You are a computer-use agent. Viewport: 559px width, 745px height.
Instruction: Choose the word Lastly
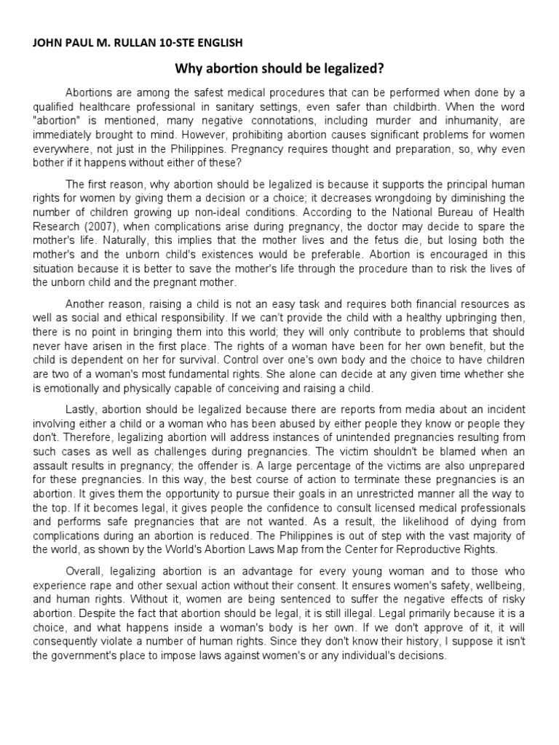(83, 408)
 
